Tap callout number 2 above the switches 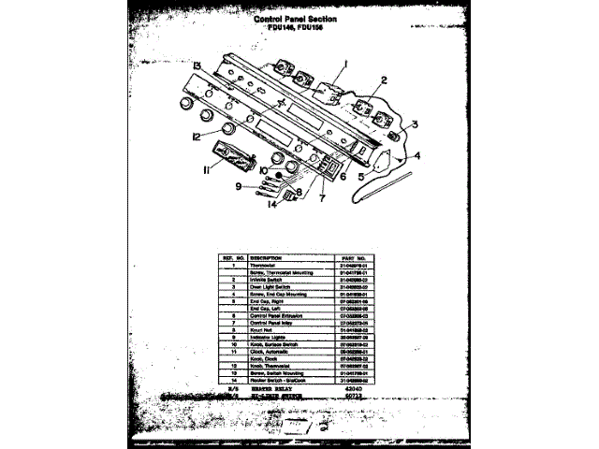coord(383,80)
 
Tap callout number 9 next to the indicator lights coord(239,186)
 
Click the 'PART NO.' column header coord(358,257)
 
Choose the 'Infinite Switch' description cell coord(268,278)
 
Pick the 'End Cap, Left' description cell coord(267,310)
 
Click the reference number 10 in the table coord(230,349)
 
